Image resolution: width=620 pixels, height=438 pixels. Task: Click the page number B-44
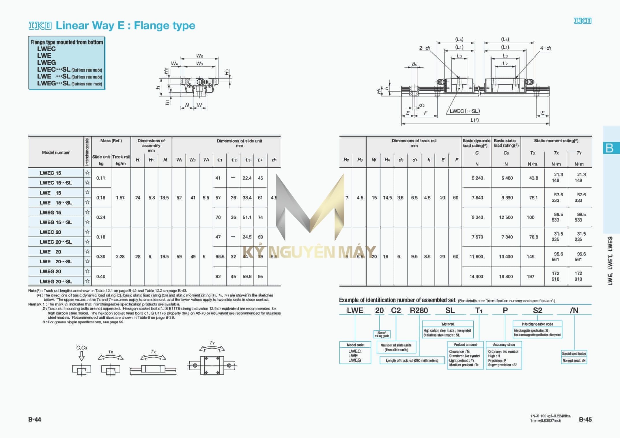point(35,420)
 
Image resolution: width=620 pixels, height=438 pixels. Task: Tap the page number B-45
point(585,420)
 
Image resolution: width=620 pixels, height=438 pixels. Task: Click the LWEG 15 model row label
point(51,213)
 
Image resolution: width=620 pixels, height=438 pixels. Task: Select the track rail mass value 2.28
point(120,256)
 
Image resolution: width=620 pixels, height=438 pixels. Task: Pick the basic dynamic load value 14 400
point(476,276)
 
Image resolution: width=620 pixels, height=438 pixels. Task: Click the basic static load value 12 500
point(506,217)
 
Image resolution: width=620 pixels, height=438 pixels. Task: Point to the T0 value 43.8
point(533,178)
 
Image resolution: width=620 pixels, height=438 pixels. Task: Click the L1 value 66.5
point(220,256)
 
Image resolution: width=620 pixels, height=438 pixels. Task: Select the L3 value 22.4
point(247,178)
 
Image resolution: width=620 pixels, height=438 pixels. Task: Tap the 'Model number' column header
point(56,152)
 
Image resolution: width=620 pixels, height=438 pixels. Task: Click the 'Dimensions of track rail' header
point(414,141)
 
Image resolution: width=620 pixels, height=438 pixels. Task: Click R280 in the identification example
point(419,310)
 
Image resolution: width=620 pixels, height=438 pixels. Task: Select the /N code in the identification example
point(574,310)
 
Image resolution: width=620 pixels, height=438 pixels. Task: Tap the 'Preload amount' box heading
point(465,344)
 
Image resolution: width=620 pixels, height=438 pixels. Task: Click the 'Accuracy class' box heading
point(504,344)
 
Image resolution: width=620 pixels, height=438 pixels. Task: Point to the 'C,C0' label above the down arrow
point(81,348)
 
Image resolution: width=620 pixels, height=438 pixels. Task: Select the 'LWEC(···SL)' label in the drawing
point(465,111)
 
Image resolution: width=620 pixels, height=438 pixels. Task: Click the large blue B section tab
point(610,148)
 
